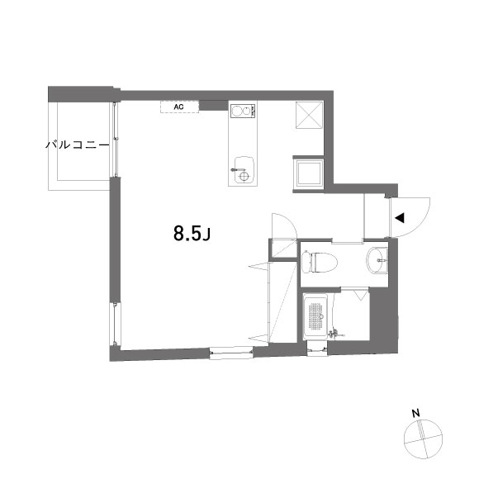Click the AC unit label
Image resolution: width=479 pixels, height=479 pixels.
178,106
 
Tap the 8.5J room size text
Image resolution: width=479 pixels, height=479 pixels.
193,234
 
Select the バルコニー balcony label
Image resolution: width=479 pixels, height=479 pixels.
77,145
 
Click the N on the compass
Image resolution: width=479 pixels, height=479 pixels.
417,412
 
